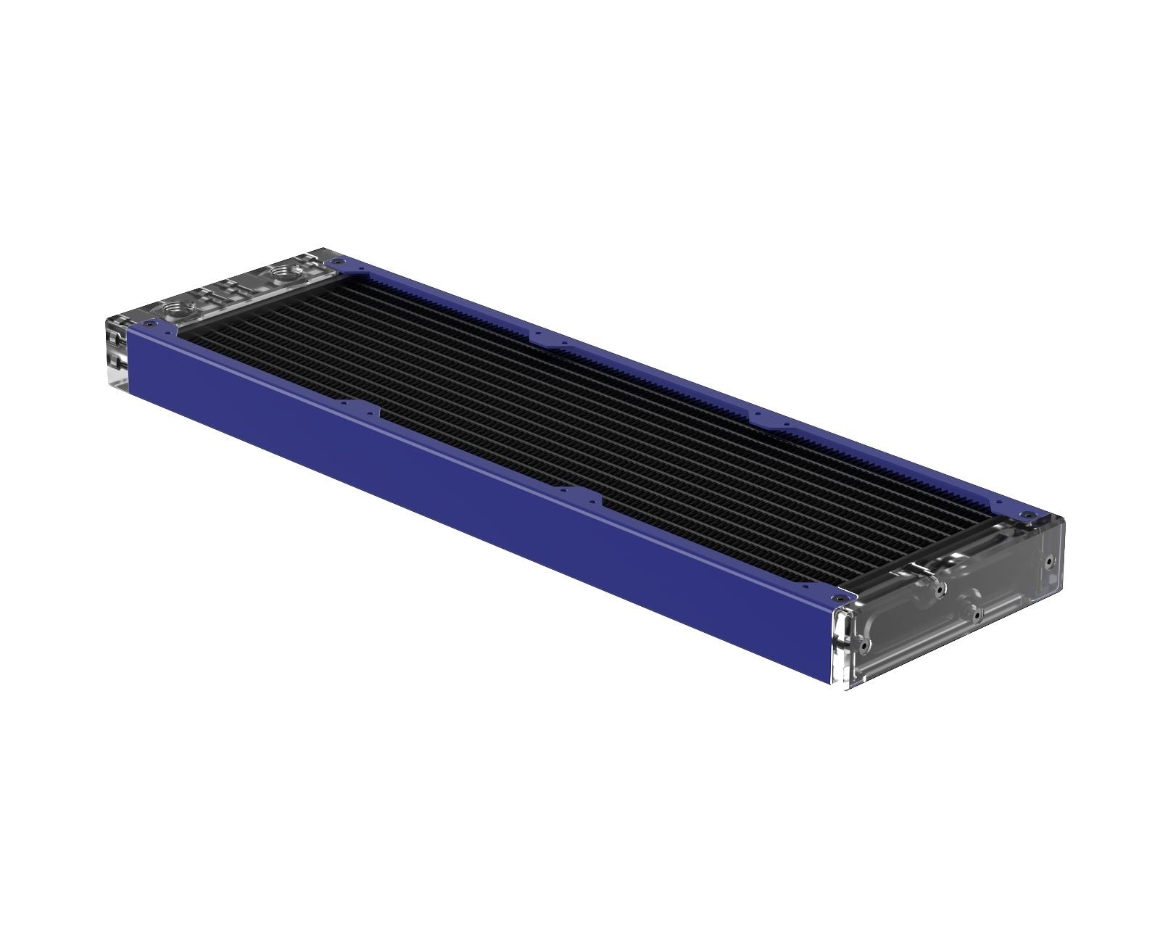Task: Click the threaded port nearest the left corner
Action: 175,307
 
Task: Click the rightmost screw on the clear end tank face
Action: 1049,560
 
